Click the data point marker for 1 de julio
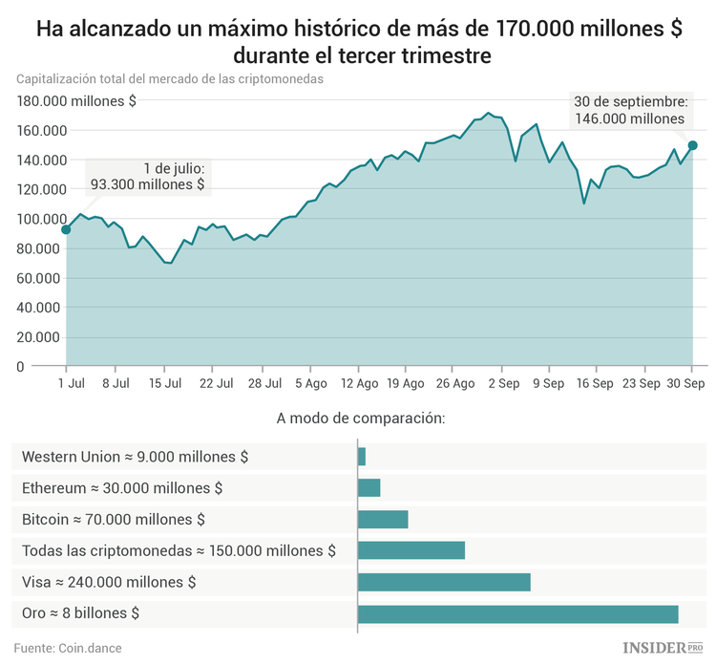66,229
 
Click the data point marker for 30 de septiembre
693,145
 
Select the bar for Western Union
362,457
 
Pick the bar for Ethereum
369,488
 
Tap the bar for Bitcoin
383,520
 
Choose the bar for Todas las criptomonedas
411,550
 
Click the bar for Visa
444,582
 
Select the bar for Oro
517,613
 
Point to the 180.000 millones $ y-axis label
75,101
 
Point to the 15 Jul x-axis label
164,383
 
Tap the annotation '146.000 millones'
630,119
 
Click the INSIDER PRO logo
657,648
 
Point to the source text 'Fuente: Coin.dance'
68,648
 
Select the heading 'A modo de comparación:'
361,418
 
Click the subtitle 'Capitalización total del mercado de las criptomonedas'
169,79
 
